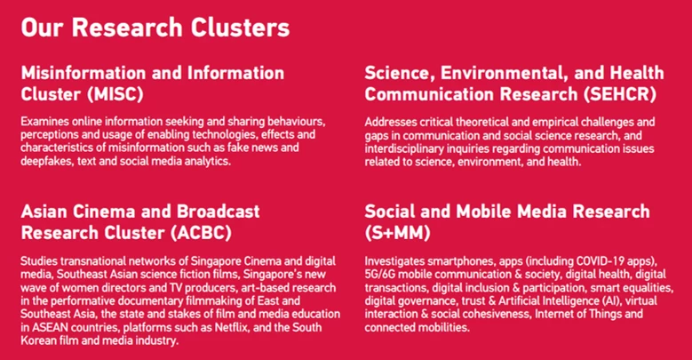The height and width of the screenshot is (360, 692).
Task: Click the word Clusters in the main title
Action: pyautogui.click(x=240, y=28)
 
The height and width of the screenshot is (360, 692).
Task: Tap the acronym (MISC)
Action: pyautogui.click(x=115, y=94)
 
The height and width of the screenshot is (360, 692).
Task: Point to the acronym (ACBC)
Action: pyautogui.click(x=201, y=233)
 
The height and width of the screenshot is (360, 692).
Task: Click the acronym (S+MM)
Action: pyautogui.click(x=397, y=233)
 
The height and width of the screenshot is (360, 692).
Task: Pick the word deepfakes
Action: pyautogui.click(x=47, y=161)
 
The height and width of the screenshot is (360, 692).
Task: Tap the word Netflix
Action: pyautogui.click(x=232, y=328)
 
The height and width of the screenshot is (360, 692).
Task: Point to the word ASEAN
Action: pyautogui.click(x=47, y=328)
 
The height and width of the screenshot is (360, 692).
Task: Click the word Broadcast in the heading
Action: pyautogui.click(x=218, y=212)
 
